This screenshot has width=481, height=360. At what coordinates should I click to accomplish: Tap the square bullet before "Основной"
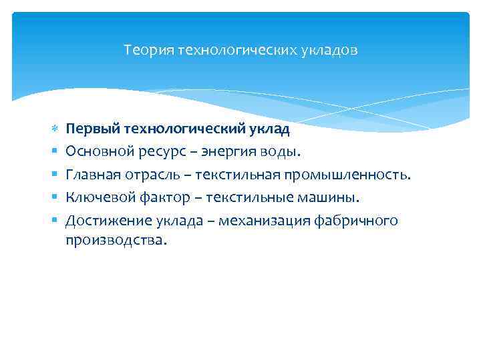click(53, 152)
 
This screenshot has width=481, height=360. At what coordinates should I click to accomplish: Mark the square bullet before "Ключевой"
click(53, 197)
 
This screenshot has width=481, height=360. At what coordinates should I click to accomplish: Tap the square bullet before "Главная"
click(53, 175)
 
